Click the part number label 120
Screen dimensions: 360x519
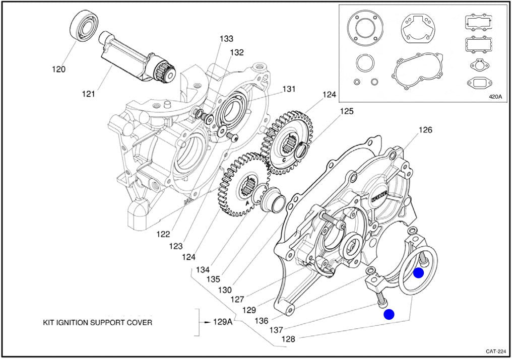pos(59,69)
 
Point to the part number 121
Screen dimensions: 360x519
pos(88,94)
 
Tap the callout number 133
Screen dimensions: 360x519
pos(226,39)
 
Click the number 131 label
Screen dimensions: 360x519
pos(289,89)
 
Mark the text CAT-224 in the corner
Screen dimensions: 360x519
pos(495,351)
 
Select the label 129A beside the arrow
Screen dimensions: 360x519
pos(222,322)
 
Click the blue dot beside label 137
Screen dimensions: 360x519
pos(388,315)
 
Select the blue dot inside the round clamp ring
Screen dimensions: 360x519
pos(418,273)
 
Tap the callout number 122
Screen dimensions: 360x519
pos(163,234)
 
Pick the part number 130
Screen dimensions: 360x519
pos(224,290)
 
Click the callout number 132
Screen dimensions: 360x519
pos(237,52)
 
